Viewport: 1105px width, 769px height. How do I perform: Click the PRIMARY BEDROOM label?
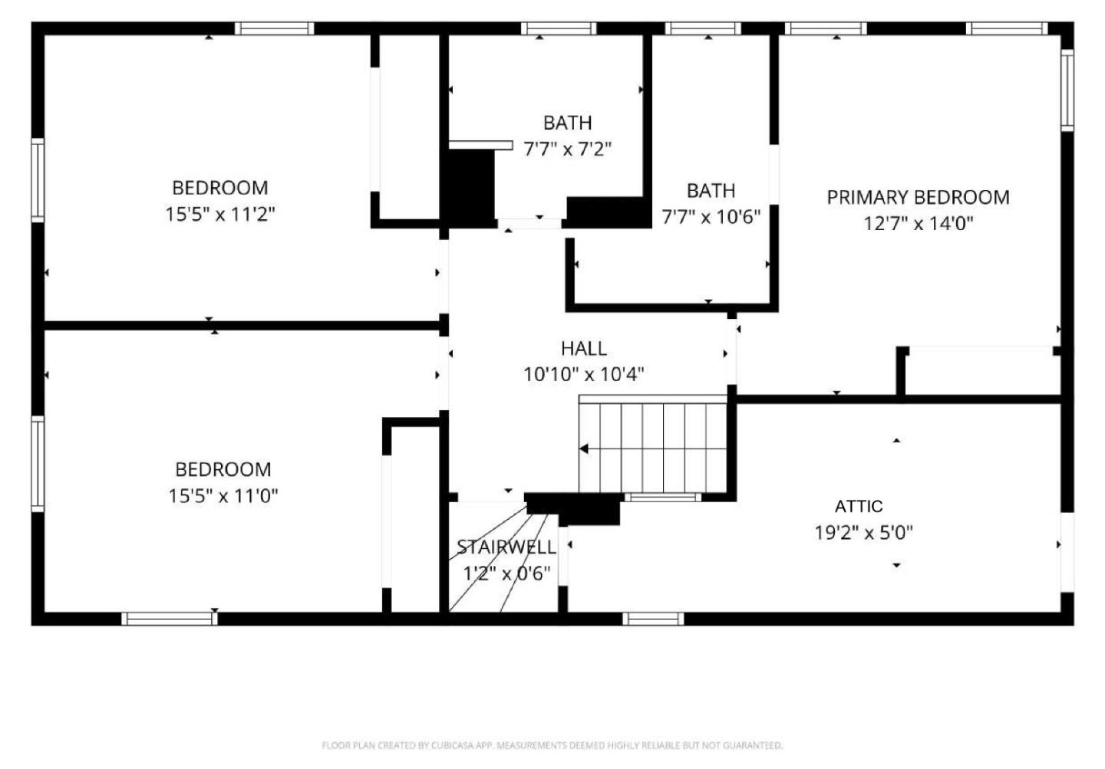[918, 197]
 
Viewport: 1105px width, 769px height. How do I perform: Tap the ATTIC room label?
[859, 506]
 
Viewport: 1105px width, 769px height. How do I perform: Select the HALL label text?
[584, 349]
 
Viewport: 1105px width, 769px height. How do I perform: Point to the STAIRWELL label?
[506, 547]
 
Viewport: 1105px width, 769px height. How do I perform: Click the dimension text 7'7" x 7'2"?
[567, 149]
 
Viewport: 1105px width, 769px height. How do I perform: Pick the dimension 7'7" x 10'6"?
[711, 217]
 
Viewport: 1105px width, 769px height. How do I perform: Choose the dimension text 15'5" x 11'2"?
[220, 214]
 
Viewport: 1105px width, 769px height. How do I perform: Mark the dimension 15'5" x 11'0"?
[223, 496]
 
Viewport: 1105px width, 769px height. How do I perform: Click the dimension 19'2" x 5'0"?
[864, 532]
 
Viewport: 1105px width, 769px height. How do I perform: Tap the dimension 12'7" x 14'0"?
[918, 224]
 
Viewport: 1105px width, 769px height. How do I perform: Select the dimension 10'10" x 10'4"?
[583, 375]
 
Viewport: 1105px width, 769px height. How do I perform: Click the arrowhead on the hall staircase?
[584, 449]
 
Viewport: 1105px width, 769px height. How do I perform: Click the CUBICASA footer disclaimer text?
[552, 745]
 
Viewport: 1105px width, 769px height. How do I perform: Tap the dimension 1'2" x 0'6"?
[506, 573]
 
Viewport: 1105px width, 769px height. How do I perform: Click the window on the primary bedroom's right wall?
[1067, 90]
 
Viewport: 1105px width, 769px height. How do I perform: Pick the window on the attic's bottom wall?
[653, 619]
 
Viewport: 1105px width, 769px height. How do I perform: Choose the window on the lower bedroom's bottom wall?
[170, 619]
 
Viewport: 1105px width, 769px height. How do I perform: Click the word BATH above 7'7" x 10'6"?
[711, 191]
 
